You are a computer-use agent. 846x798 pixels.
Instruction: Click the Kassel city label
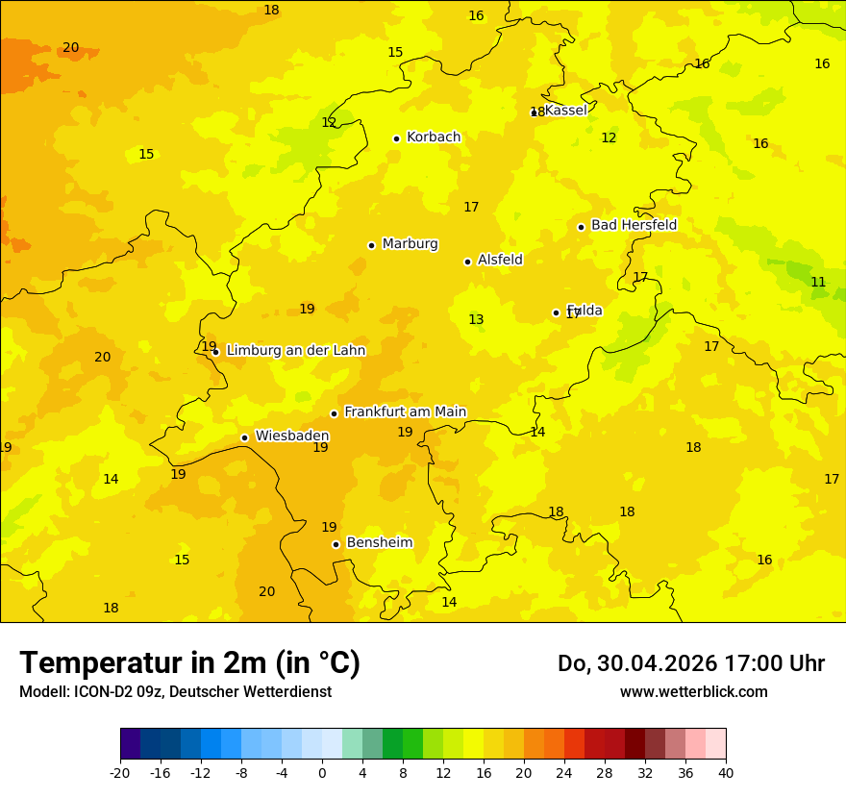[565, 111]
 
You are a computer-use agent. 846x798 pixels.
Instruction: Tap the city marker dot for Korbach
[396, 138]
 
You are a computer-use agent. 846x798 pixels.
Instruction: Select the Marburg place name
[410, 244]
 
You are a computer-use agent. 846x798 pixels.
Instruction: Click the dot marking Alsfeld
[467, 262]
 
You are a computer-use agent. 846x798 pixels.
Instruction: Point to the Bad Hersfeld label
[634, 225]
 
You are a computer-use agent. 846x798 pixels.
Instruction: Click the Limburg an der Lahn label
[295, 351]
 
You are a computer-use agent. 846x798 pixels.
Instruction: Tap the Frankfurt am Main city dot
[334, 413]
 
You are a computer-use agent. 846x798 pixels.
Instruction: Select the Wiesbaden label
[291, 436]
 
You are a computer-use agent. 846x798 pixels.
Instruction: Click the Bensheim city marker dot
[336, 544]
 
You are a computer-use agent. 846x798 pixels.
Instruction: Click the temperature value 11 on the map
[818, 283]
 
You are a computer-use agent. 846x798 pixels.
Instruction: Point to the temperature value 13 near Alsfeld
[476, 320]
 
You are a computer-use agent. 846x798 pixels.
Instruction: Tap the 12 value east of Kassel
[609, 138]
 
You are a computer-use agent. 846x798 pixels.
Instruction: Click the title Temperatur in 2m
[189, 663]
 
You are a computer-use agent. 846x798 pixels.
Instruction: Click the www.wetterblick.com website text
[693, 692]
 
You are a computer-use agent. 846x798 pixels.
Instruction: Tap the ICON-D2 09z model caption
[175, 692]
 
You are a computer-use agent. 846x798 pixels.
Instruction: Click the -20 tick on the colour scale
[120, 773]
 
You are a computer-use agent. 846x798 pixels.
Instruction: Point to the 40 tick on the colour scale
[726, 773]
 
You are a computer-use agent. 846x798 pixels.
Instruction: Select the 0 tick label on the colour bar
[322, 773]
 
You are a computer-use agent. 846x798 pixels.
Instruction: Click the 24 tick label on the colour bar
[564, 773]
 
